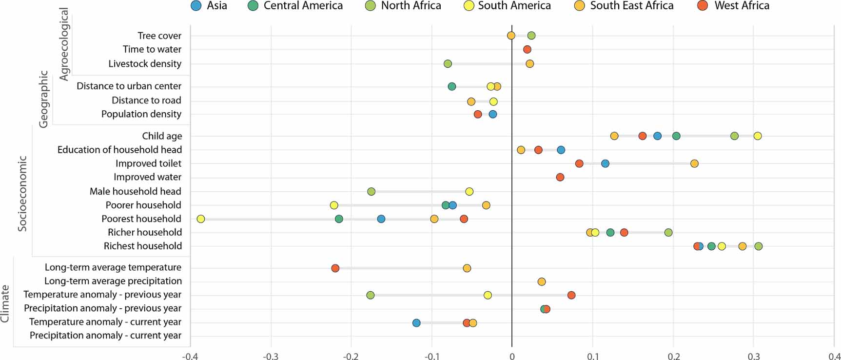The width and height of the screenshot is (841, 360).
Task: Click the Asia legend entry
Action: (209, 6)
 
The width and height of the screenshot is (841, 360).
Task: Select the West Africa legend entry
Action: (735, 6)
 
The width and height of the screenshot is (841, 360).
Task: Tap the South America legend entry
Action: (508, 6)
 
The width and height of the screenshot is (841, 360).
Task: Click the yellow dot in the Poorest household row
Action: (200, 219)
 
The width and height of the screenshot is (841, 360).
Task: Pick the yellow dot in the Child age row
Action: (757, 136)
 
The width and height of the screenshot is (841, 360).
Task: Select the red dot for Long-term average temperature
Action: (335, 268)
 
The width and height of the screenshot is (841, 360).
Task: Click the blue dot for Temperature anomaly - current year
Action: (416, 323)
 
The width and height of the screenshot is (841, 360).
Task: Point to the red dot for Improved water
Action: (560, 177)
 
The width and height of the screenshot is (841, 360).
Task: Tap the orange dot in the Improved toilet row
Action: (694, 163)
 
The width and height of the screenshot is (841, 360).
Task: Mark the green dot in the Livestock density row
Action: (448, 64)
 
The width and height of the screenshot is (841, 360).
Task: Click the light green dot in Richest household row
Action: (758, 246)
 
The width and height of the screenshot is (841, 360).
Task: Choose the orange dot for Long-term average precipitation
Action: (541, 282)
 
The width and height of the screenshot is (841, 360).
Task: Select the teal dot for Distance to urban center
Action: (451, 86)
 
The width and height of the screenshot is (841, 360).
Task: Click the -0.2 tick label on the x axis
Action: (351, 356)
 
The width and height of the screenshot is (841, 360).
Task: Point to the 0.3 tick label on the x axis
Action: (753, 356)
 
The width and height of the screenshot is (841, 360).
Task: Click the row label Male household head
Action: (135, 191)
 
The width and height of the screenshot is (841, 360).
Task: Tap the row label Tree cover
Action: (159, 36)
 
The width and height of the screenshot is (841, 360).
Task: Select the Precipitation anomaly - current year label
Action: (105, 336)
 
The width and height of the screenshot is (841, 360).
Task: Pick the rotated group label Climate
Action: (5, 304)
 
